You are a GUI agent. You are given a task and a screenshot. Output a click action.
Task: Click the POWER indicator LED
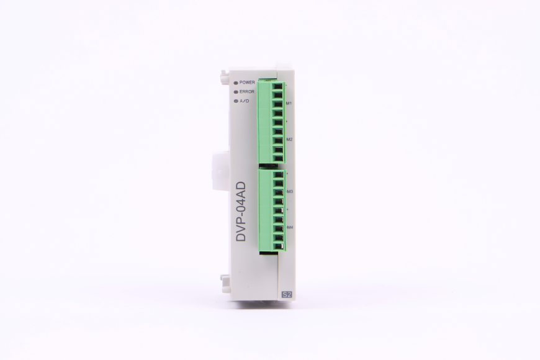236,83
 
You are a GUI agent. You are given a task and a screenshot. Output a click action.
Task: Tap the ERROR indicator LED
236,92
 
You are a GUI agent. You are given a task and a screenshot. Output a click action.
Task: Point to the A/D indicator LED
236,101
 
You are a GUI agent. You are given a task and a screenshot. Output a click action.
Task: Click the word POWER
247,83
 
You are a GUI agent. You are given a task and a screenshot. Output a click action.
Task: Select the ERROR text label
247,92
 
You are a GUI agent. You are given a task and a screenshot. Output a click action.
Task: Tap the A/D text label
245,101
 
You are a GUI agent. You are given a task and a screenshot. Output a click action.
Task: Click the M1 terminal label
289,103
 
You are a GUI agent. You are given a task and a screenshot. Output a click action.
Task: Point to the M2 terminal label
289,140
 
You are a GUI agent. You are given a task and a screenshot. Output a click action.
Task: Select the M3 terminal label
289,192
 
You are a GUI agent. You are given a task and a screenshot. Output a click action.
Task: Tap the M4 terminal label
289,228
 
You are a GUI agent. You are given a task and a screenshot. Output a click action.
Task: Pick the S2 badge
286,294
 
